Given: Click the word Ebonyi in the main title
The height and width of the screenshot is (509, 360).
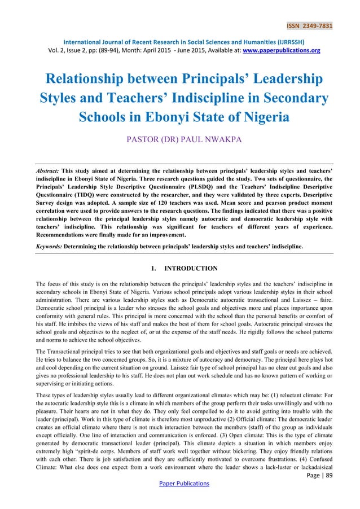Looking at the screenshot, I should point(159,117).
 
